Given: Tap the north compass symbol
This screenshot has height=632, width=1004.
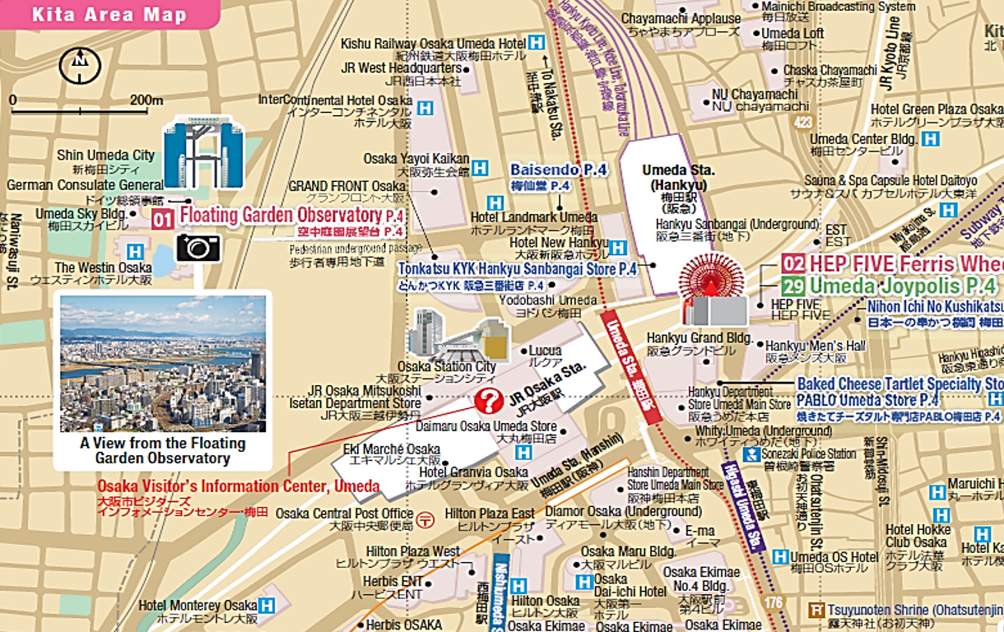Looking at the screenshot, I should [x=80, y=62].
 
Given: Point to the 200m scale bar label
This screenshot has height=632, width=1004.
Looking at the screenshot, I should [x=146, y=100].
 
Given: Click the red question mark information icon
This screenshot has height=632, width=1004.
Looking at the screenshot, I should [x=490, y=401].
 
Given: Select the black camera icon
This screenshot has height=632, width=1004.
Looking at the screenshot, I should [x=198, y=247].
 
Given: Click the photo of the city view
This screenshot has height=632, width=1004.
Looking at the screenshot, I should [x=163, y=363].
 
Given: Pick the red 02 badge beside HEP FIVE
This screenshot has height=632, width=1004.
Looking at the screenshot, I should [x=793, y=264].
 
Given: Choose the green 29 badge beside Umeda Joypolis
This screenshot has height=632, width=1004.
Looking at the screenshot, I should [x=793, y=286].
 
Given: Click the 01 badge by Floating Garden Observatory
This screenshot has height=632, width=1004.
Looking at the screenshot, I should [x=163, y=218].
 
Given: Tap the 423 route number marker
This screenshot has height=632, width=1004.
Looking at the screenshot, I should [x=803, y=123].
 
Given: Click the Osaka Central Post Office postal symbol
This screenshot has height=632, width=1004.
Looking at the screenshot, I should [x=425, y=519].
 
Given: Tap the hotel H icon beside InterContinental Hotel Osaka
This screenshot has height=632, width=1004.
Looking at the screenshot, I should [x=425, y=108].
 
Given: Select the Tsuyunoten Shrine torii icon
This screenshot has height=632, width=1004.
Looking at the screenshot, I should [x=816, y=610].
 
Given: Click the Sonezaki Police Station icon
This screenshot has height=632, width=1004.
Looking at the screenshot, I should [x=750, y=453].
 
